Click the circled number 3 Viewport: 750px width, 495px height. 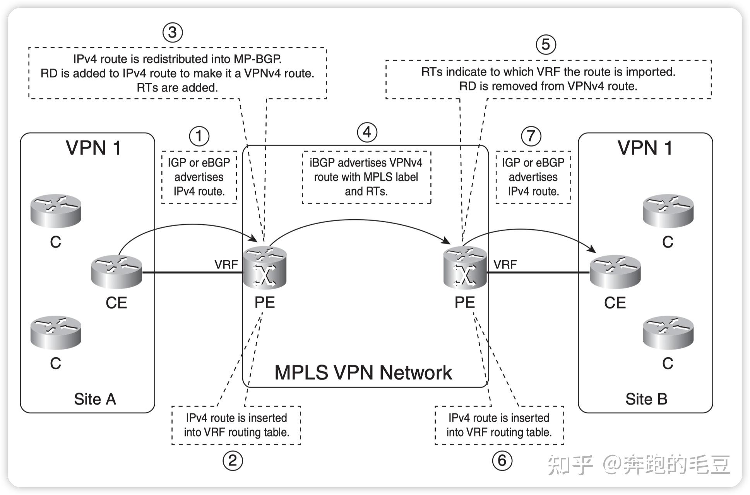point(172,32)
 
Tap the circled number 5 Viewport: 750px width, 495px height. point(546,44)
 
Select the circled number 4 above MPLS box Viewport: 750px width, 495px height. point(366,133)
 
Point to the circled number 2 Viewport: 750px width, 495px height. point(232,461)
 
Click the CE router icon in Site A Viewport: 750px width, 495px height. point(116,271)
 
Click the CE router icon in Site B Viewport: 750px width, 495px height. point(615,271)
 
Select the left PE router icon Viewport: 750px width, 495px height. point(265,268)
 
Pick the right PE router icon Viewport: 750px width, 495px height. point(464,268)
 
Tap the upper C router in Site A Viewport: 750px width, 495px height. point(56,210)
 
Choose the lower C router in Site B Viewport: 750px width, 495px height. point(668,333)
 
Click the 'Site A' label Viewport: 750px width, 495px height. point(95,399)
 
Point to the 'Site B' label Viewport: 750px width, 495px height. point(646,399)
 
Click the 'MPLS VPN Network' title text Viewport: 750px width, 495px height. point(363,373)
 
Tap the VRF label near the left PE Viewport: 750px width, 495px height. point(226,265)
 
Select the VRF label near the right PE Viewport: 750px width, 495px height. point(505,265)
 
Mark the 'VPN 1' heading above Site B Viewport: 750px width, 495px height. point(644,148)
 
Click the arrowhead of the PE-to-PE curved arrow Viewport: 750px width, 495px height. point(447,242)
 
